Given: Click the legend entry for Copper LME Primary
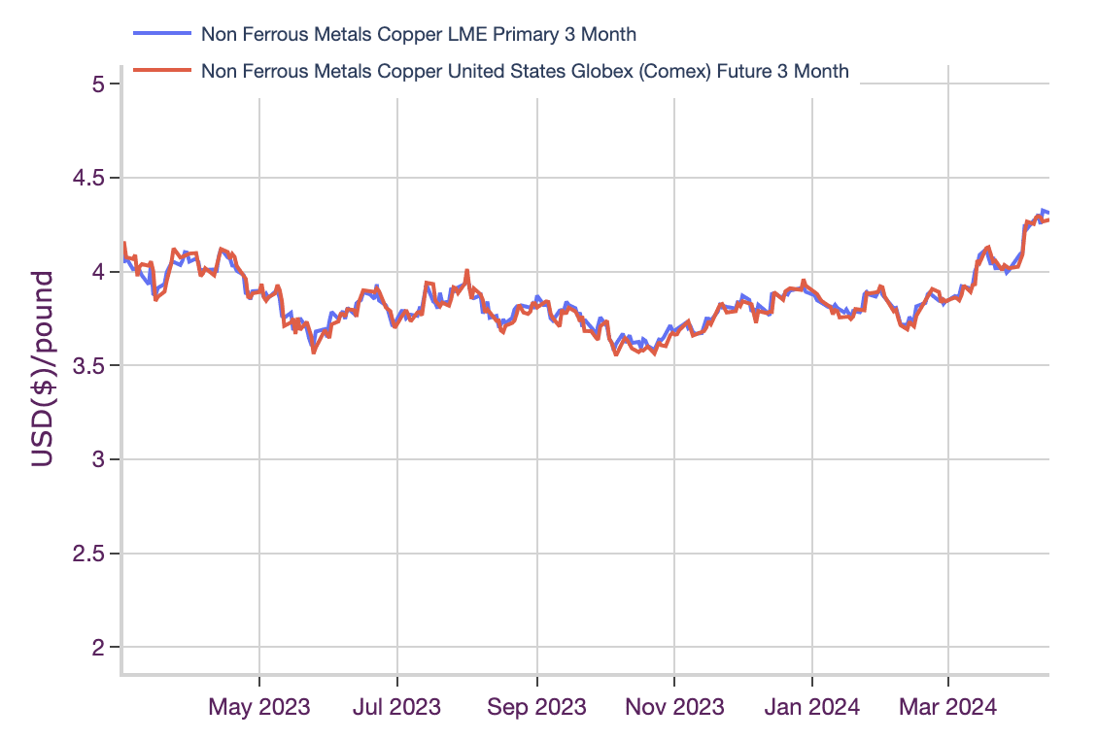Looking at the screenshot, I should click(418, 34).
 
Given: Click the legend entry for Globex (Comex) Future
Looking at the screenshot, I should click(525, 71).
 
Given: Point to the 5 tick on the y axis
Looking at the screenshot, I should click(97, 84).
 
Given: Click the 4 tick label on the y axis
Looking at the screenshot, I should click(97, 272).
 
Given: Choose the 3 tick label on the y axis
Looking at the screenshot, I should click(97, 459).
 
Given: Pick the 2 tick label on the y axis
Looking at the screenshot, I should click(97, 648).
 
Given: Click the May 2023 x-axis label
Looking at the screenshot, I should click(259, 706).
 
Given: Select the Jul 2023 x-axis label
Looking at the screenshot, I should click(397, 706).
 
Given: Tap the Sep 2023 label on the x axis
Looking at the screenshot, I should click(536, 706).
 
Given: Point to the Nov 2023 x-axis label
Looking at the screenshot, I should click(674, 706).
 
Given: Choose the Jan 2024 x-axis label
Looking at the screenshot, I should click(812, 706).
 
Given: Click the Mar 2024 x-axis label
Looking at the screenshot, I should click(948, 706).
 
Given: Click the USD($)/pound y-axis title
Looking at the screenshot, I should click(42, 369).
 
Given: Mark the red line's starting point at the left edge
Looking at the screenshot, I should click(124, 243).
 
